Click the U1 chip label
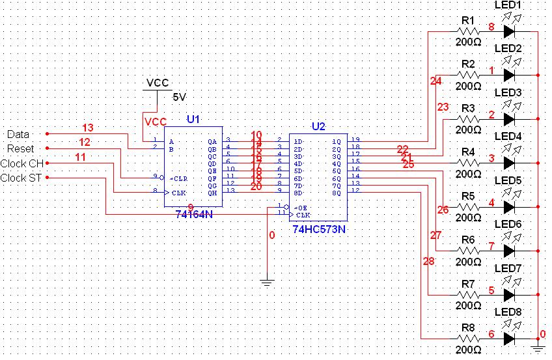click(193, 120)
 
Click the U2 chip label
click(318, 126)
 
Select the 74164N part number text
click(194, 214)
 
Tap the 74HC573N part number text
click(318, 229)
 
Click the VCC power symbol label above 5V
click(158, 83)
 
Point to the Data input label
click(18, 134)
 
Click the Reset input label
click(20, 148)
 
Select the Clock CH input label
click(22, 163)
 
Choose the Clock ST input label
click(22, 178)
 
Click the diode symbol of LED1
click(508, 31)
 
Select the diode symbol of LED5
click(508, 206)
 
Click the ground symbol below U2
click(267, 283)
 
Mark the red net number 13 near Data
click(88, 128)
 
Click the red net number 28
click(428, 262)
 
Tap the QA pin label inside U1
click(212, 141)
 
